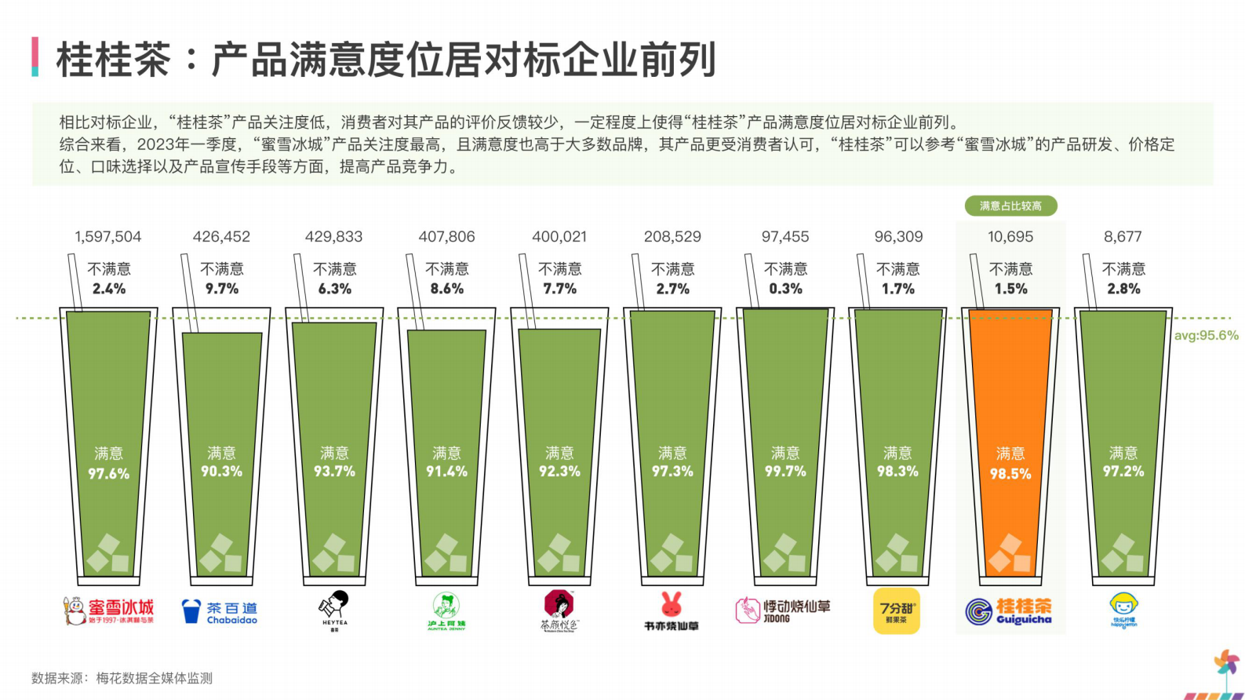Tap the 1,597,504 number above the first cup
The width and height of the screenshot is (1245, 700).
tap(108, 236)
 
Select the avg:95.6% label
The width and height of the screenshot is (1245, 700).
tap(1206, 335)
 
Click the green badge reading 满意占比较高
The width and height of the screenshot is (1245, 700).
tap(1010, 206)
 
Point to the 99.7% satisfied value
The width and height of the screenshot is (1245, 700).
tap(785, 472)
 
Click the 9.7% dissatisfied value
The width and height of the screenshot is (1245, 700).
tap(222, 289)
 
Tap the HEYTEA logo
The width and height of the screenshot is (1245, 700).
tap(334, 609)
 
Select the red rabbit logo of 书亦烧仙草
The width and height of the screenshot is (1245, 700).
tap(672, 604)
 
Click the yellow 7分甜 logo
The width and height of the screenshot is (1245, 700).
tap(896, 611)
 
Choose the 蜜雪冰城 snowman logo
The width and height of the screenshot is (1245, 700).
tap(75, 611)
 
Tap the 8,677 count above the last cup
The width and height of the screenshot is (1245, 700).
tap(1123, 236)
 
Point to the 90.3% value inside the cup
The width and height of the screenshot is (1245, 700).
tap(222, 472)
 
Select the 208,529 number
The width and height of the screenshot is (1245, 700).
tap(672, 236)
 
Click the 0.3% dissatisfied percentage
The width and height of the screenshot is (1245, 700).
tap(785, 289)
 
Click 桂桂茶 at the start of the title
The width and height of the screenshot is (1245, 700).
tap(114, 60)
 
